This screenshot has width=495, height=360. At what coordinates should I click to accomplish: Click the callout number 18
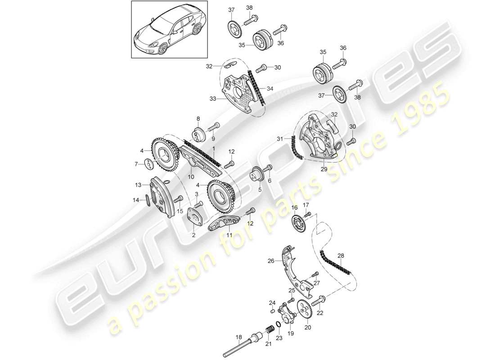(238, 336)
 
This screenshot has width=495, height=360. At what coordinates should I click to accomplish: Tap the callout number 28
(341, 256)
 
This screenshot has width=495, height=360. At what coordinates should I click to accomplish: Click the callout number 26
(271, 260)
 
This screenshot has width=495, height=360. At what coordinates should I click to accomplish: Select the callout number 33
(212, 98)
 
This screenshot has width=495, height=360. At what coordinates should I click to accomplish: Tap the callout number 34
(270, 89)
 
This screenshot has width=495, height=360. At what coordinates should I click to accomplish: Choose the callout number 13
(138, 184)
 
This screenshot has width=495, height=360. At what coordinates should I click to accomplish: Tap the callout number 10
(191, 170)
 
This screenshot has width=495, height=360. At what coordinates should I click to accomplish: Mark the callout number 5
(260, 190)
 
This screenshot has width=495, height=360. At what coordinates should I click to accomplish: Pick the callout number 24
(271, 302)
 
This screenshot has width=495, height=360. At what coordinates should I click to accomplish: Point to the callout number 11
(229, 235)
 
